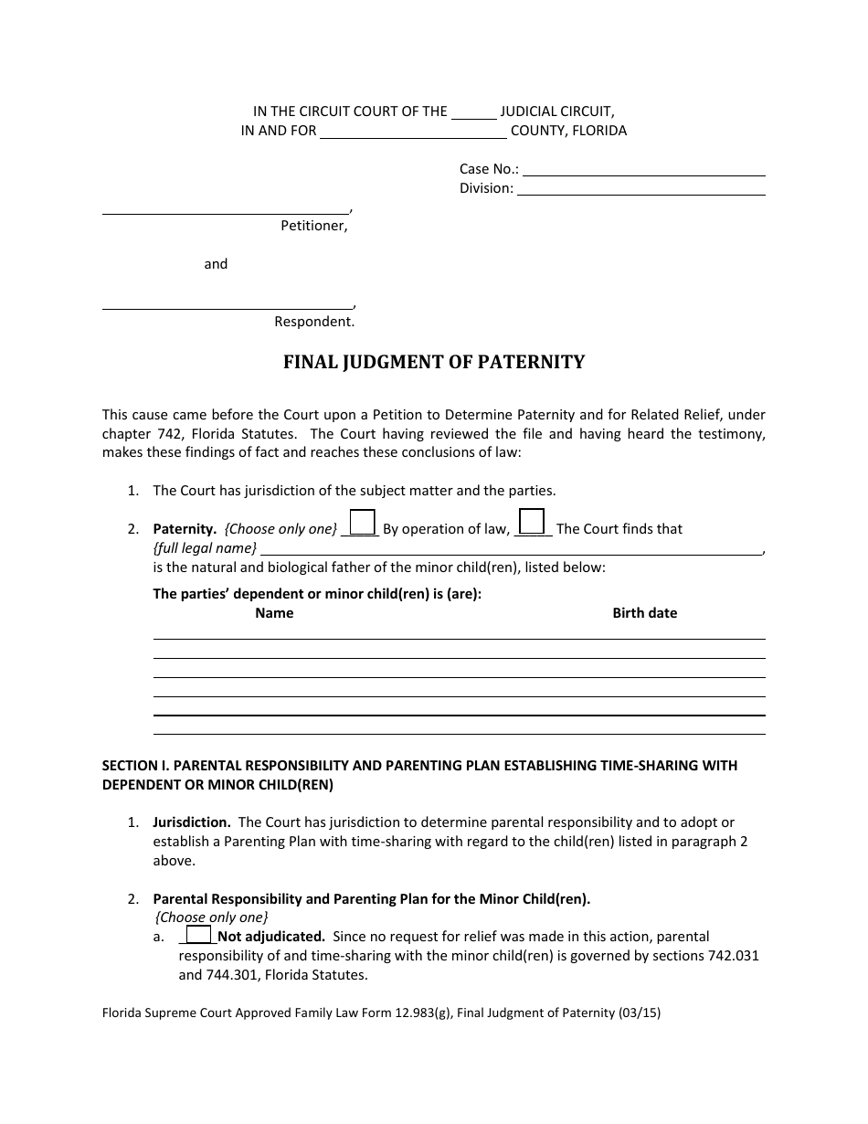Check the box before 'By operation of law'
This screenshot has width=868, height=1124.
click(363, 522)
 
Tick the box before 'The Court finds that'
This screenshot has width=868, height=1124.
click(532, 522)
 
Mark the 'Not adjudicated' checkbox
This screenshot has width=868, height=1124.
click(198, 935)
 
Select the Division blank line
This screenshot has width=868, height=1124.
click(640, 189)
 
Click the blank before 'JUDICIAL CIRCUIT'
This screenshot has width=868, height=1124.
click(474, 113)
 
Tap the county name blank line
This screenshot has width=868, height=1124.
click(413, 132)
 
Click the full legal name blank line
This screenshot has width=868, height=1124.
click(512, 549)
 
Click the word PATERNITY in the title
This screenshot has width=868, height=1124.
click(533, 362)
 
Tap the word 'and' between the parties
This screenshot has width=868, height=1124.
click(216, 264)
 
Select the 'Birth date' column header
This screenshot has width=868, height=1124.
click(644, 613)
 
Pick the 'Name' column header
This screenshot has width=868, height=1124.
click(274, 613)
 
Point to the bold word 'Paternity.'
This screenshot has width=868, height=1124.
click(185, 529)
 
